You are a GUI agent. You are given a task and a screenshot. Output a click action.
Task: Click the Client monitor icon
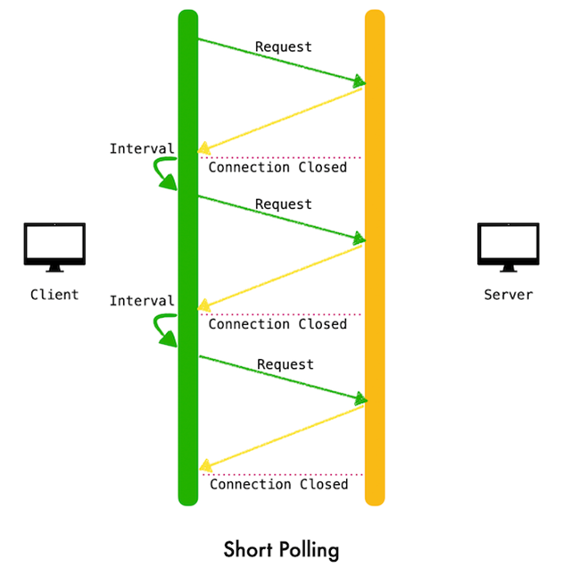tap(54, 246)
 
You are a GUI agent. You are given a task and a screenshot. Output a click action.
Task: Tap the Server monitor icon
tap(509, 246)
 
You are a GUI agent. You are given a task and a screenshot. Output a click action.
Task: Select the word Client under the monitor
tap(54, 295)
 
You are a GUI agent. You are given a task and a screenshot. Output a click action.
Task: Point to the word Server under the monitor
tap(509, 295)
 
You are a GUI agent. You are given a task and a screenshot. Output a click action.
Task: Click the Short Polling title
tap(281, 550)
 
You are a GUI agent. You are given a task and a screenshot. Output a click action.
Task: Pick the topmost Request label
tap(284, 47)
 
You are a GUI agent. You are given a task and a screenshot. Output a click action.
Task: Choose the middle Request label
tap(284, 205)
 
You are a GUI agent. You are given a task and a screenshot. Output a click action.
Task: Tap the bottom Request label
tap(285, 364)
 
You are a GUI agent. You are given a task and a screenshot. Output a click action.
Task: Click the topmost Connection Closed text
tap(277, 168)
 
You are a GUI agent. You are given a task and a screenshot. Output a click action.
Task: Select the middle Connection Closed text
tap(277, 324)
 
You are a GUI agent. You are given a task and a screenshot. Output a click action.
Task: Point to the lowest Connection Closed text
tap(279, 485)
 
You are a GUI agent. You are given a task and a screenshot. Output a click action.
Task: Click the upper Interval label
tap(142, 149)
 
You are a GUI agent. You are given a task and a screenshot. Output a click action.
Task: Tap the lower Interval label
tap(142, 301)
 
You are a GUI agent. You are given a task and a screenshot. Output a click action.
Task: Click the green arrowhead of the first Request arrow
tap(359, 81)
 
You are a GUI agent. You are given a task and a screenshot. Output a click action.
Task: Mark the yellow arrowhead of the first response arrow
tap(204, 148)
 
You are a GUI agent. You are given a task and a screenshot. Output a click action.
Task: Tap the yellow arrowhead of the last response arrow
tap(205, 465)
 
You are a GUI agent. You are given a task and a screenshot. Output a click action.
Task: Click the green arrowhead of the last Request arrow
tap(360, 398)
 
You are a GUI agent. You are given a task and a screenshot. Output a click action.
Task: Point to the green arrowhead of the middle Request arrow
tap(359, 238)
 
